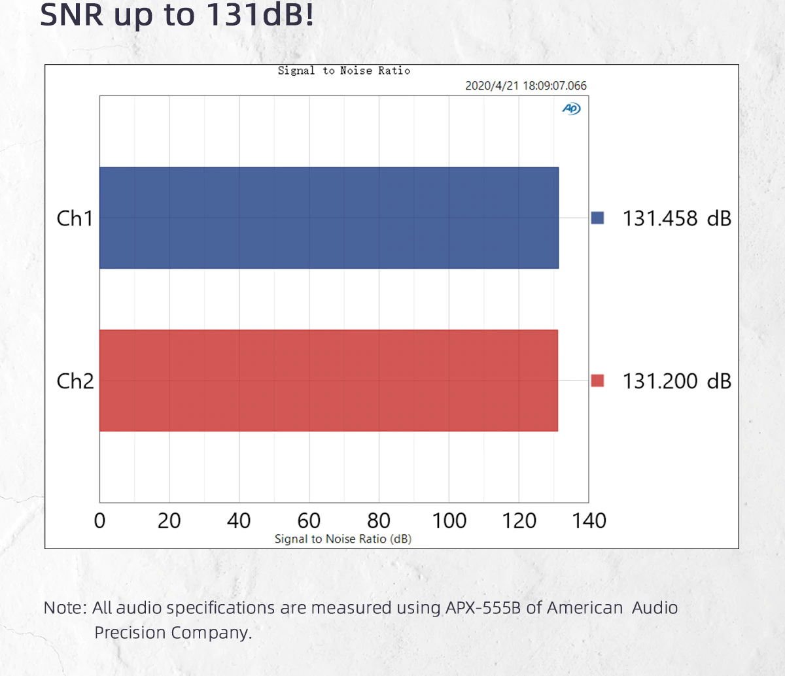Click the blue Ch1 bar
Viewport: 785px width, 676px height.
pos(328,218)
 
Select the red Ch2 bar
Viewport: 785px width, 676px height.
pos(328,380)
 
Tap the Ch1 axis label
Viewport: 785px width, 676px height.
pos(75,218)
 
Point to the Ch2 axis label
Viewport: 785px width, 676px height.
pos(75,381)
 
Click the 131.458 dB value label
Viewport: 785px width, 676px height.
pos(676,218)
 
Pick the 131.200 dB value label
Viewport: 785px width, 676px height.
pos(676,381)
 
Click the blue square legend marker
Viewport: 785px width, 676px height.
pos(597,218)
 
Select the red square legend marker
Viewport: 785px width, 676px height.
pos(597,380)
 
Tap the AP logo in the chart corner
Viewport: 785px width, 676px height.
pos(571,109)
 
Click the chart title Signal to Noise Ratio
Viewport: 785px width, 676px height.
pos(343,71)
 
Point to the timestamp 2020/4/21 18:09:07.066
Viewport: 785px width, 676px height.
pos(525,86)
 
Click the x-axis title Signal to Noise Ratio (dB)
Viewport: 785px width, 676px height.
pos(343,539)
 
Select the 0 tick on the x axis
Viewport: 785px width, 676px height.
pos(99,520)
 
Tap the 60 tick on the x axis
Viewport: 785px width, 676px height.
pos(309,520)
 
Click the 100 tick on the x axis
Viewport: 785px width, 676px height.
pos(449,520)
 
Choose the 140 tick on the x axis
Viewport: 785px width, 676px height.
pos(589,520)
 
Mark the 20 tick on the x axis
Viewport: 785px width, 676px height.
pos(169,520)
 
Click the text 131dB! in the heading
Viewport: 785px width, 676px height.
pos(260,15)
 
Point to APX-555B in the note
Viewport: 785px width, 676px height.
pos(483,607)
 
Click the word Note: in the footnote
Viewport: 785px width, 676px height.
pos(65,607)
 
